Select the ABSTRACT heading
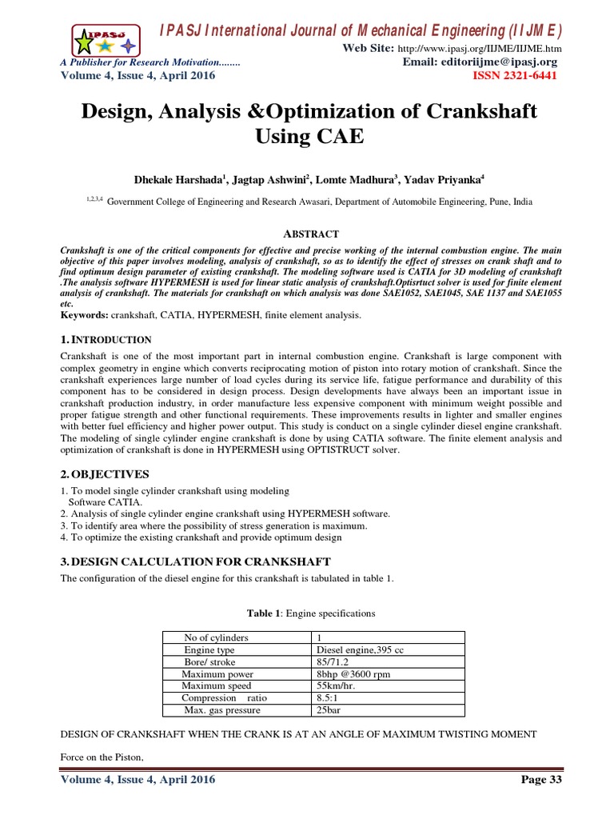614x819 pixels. click(x=311, y=234)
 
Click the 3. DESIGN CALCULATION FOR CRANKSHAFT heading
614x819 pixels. click(x=195, y=561)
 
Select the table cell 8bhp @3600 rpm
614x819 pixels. click(x=353, y=674)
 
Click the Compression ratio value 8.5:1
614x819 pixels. click(x=328, y=698)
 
